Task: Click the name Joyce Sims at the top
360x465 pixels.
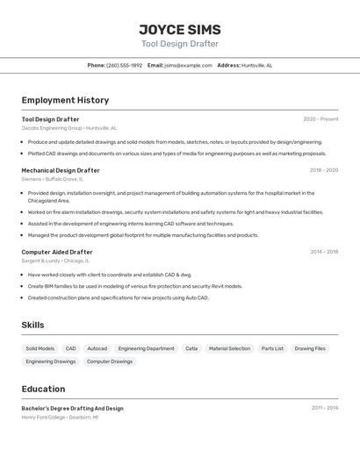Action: (180, 30)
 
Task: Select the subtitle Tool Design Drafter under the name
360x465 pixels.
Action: (180, 44)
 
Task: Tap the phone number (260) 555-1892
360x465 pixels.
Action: (124, 65)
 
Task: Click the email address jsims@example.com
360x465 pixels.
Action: (188, 65)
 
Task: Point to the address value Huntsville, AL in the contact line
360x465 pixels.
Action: (257, 65)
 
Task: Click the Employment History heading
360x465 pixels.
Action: (65, 100)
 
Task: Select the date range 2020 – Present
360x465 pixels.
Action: (320, 119)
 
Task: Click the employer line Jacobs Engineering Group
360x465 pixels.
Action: (68, 128)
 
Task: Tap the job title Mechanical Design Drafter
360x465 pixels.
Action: (61, 170)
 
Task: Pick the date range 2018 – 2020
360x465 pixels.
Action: (323, 170)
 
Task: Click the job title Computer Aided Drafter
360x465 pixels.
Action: (57, 252)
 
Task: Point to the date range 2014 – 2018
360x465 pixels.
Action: (324, 252)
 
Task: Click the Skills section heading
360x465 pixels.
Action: (32, 325)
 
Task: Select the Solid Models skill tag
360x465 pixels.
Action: (40, 348)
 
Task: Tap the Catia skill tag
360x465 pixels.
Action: (191, 348)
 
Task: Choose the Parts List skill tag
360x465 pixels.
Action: (272, 348)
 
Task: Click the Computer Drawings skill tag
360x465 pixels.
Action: (110, 361)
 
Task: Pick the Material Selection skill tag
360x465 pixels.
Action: (229, 348)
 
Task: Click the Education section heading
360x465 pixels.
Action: (43, 389)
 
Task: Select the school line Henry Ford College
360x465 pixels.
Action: (60, 418)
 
